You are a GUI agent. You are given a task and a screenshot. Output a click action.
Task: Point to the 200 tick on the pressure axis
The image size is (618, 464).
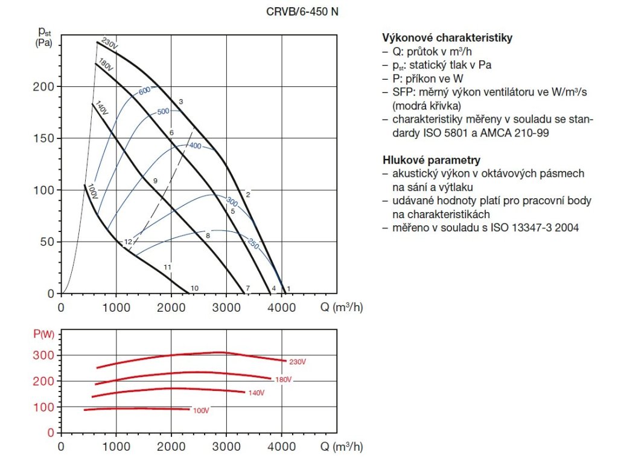(x=45, y=87)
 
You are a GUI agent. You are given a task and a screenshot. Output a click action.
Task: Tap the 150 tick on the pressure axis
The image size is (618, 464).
(x=45, y=138)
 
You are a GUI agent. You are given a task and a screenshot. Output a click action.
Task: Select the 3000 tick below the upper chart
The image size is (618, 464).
(x=226, y=307)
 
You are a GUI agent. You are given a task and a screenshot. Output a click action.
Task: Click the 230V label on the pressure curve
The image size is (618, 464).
(x=109, y=44)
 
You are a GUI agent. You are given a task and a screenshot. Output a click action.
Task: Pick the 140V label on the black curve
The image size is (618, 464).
(x=101, y=109)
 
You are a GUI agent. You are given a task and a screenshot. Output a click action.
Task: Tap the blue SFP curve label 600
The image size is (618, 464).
(x=144, y=91)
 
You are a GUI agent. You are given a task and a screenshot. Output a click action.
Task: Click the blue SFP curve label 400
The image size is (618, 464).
(x=195, y=146)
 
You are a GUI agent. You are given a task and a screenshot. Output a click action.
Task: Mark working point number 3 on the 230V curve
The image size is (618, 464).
(x=181, y=101)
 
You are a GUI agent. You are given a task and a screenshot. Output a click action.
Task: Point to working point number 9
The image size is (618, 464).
(x=155, y=181)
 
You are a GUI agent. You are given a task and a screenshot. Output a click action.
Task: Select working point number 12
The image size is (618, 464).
(x=128, y=242)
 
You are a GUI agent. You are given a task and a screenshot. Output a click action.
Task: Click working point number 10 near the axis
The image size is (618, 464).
(x=194, y=288)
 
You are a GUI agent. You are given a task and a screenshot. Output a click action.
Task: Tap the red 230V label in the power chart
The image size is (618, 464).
(x=298, y=362)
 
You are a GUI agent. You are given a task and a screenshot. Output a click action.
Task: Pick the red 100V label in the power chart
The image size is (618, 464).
(x=201, y=411)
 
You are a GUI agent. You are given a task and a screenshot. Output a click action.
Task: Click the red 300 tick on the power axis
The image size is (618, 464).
(x=45, y=355)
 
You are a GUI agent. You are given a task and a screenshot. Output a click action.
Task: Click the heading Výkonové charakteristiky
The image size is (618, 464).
(x=447, y=37)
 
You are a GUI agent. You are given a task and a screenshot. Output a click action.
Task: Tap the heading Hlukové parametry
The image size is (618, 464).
(x=432, y=160)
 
